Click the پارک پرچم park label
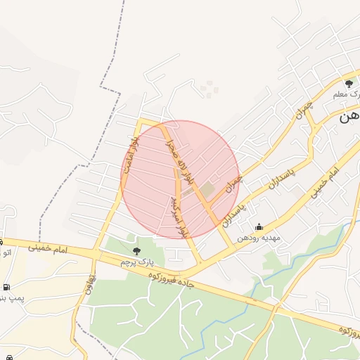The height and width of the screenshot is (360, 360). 136,262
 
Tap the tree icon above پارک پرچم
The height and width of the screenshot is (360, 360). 136,250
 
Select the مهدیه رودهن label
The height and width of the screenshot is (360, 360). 260,238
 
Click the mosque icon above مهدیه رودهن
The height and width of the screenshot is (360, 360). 259,226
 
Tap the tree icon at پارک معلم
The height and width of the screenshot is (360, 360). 349,84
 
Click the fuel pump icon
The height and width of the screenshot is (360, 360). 7,287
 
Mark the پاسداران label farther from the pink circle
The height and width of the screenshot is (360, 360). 281,175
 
